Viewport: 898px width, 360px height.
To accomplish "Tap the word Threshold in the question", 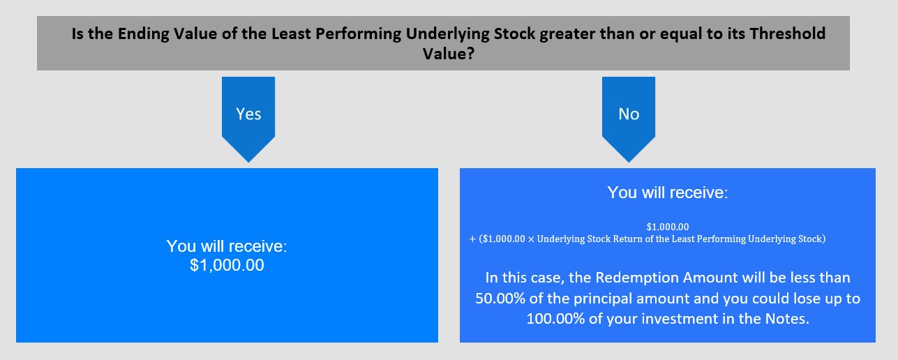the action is click(x=788, y=33).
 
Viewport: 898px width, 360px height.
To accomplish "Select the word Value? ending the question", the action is click(x=449, y=54).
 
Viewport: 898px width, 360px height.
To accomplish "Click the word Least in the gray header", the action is click(x=291, y=33).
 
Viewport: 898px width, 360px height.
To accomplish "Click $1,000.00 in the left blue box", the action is click(x=227, y=265).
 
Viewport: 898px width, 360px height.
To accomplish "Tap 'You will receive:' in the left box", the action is click(x=227, y=246).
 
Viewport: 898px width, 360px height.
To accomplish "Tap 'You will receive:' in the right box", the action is click(x=668, y=193).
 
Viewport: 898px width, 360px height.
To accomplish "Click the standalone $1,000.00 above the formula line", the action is click(x=668, y=227).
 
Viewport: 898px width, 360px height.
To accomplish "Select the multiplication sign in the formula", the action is click(x=531, y=239).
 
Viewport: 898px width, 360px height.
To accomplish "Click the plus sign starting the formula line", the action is click(x=472, y=239).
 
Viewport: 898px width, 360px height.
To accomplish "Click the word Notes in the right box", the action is click(x=787, y=319).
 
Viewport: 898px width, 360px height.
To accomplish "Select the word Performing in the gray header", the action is click(x=359, y=34).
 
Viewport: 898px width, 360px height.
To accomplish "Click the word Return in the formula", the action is click(x=627, y=239).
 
